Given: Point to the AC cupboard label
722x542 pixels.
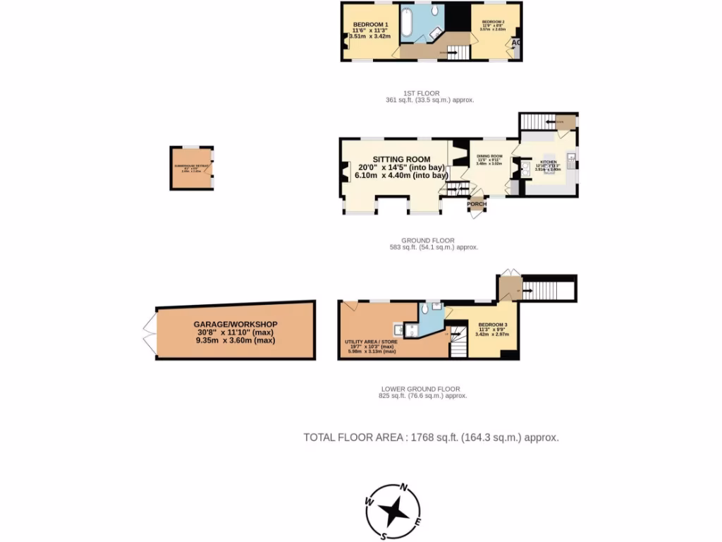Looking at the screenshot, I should coord(516,43).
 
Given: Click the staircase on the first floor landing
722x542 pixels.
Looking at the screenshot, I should coord(455,51).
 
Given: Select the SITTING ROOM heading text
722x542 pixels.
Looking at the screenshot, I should coord(403,159).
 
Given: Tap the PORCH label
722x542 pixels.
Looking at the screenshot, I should coord(477,205).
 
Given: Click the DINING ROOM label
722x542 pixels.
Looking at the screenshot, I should coord(489,156).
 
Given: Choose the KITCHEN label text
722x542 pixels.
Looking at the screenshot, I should coord(549,162).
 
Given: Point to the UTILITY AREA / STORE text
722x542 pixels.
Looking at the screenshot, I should coord(371,342).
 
